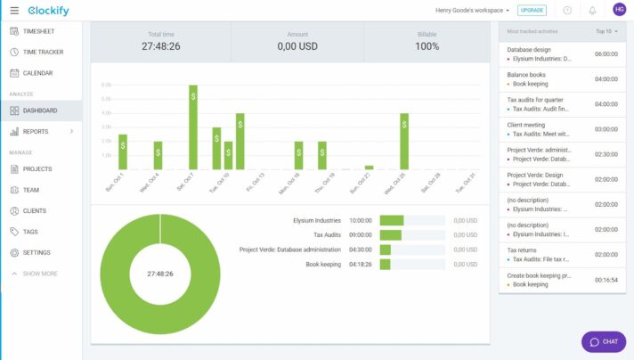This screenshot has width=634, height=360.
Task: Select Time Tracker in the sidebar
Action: [42, 52]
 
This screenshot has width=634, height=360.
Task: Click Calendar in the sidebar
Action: [37, 73]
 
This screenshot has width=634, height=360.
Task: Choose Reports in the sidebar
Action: [36, 132]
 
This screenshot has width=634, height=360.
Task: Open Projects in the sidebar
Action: [37, 169]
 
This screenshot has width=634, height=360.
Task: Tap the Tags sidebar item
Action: [30, 232]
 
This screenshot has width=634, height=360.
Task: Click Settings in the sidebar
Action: [37, 253]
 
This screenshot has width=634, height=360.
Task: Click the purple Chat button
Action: [604, 341]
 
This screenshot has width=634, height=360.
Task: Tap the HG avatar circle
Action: [619, 10]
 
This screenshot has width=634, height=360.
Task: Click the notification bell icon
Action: [592, 10]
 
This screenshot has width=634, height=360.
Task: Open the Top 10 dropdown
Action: [606, 31]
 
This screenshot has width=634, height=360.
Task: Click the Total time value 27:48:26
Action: [161, 46]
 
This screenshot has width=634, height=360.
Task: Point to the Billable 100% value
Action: [427, 46]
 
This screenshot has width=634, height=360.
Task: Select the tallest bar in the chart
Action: [193, 127]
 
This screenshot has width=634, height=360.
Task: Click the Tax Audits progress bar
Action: [391, 235]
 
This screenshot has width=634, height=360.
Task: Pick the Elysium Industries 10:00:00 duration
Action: [360, 220]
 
